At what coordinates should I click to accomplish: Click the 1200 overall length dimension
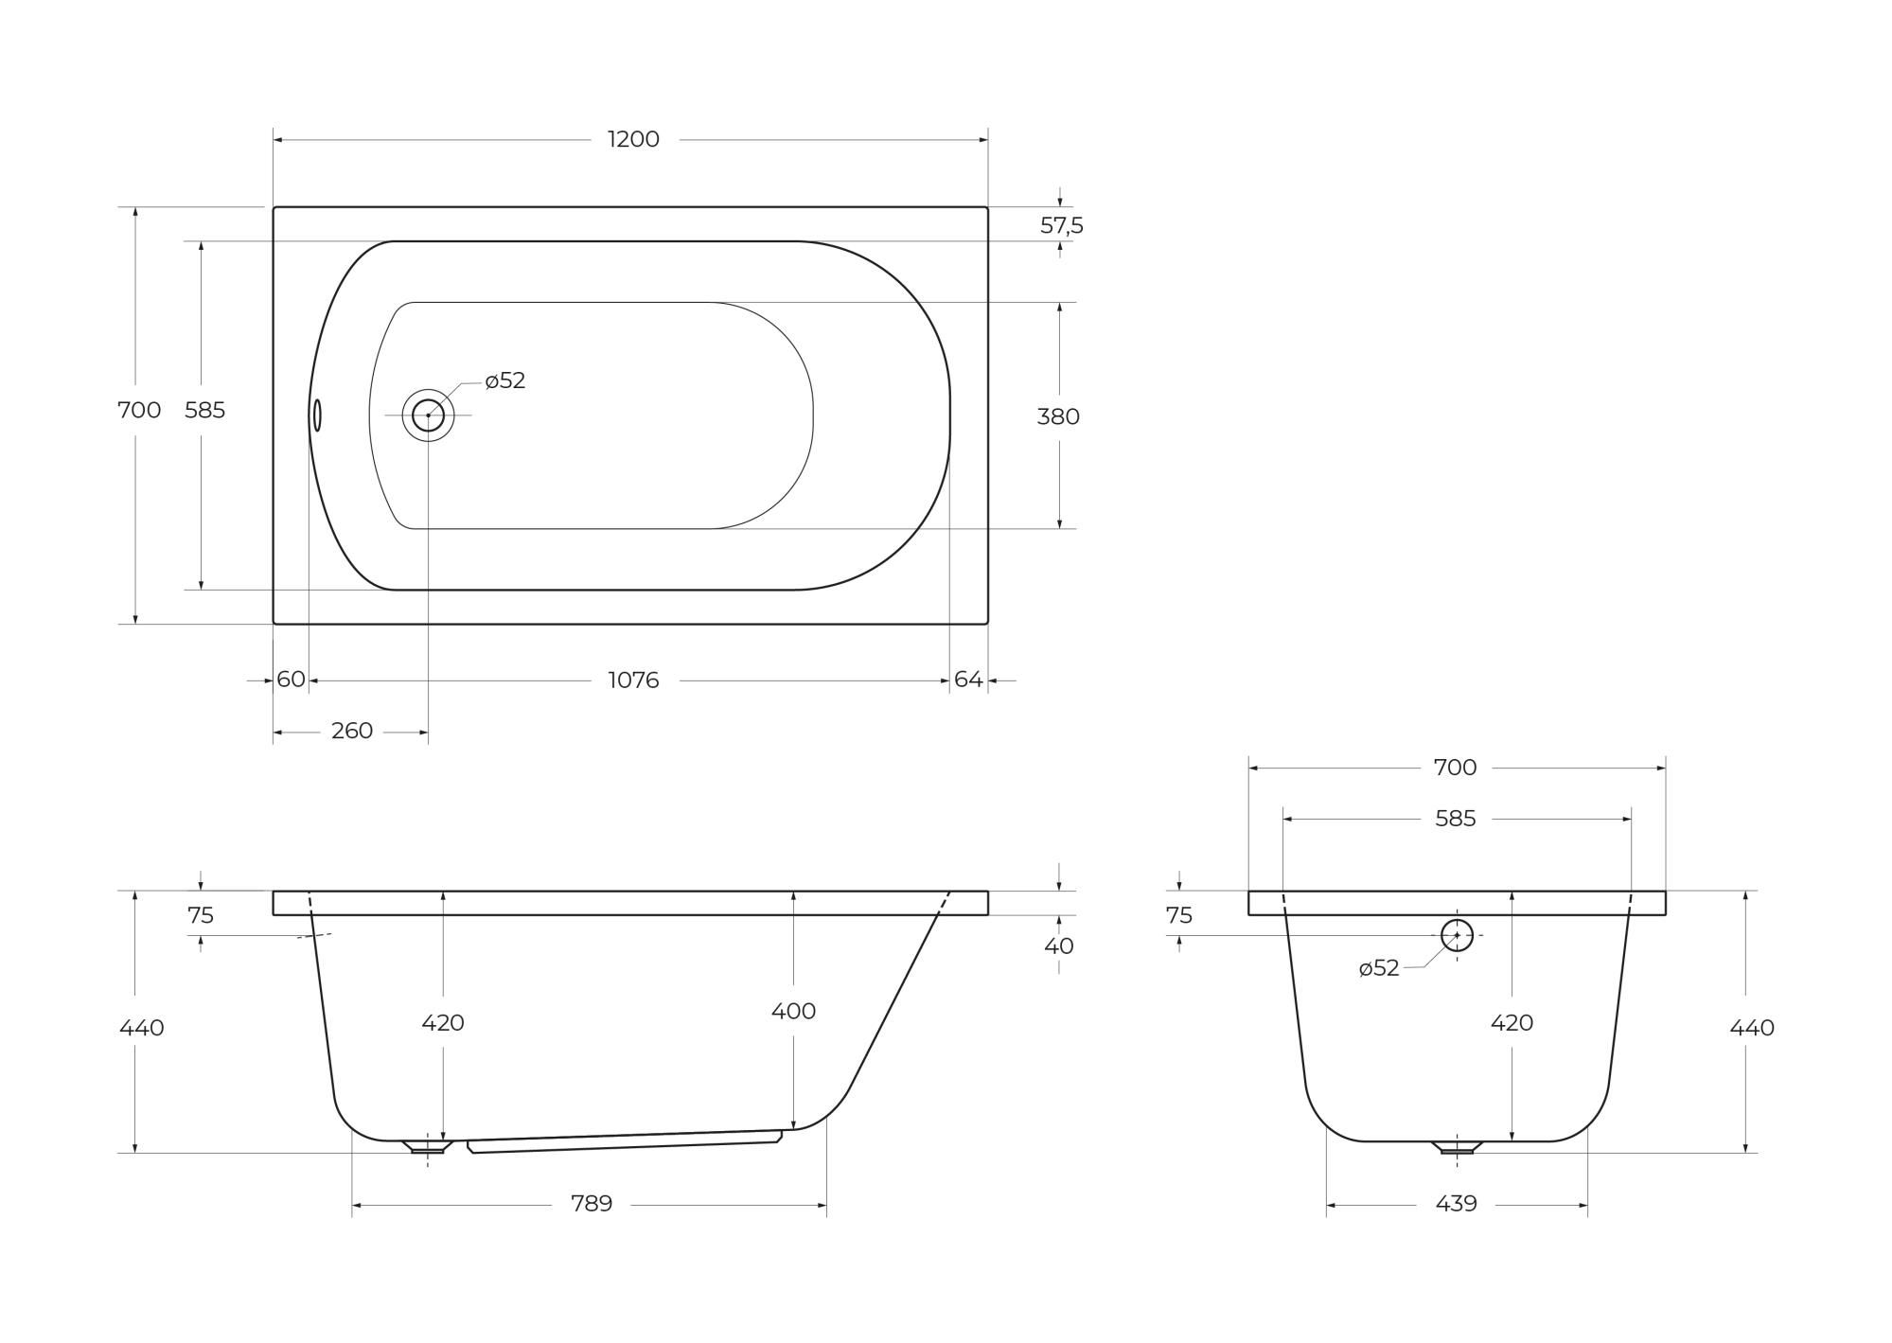coord(633,139)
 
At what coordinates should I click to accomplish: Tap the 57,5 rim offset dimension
coord(1061,225)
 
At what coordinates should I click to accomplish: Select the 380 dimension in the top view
coord(1058,416)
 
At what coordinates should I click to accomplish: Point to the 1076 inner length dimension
coord(633,680)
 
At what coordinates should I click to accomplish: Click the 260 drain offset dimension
coord(352,731)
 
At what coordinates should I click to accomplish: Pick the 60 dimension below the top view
coord(291,680)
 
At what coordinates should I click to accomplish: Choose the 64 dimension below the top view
coord(968,680)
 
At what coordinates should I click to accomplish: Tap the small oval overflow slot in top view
coord(317,415)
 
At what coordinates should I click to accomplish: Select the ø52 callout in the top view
coord(504,380)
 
